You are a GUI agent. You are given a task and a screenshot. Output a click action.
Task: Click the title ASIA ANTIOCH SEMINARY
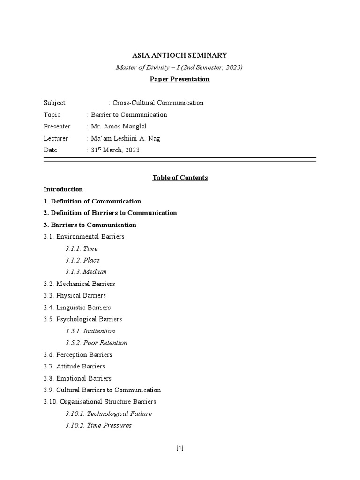click(x=180, y=55)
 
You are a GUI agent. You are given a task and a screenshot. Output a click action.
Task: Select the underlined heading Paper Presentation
click(x=180, y=79)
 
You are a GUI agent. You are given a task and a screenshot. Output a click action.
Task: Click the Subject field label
click(x=54, y=103)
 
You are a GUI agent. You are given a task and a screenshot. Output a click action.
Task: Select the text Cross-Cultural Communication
click(x=158, y=103)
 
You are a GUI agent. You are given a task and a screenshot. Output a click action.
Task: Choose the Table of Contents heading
click(x=180, y=178)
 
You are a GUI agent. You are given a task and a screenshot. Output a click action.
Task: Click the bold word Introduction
click(x=63, y=189)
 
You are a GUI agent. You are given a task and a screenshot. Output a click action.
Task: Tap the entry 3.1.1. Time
click(x=82, y=248)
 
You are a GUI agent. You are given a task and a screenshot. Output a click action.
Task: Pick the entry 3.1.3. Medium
click(x=86, y=272)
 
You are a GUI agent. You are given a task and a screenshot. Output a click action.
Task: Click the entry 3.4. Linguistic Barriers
click(x=77, y=307)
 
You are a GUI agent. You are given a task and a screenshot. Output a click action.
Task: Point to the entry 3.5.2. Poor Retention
click(x=97, y=343)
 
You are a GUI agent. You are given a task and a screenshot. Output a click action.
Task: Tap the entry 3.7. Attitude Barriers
click(x=74, y=366)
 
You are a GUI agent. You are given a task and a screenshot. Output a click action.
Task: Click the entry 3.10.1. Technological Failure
click(x=109, y=413)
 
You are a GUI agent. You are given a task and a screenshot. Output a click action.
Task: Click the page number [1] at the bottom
click(x=180, y=448)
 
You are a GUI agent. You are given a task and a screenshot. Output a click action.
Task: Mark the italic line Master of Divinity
click(x=180, y=67)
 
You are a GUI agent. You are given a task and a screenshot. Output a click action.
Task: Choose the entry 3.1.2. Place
click(x=82, y=260)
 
